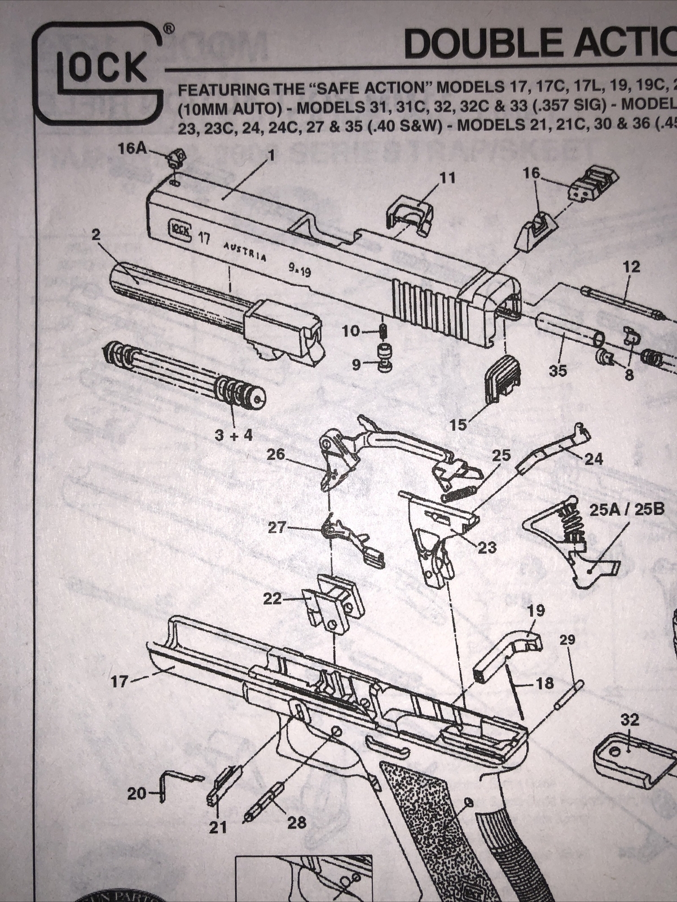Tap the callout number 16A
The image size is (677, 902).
[133, 148]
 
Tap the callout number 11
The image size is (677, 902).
[447, 178]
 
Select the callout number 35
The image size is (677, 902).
[558, 370]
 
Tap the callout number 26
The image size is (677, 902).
[276, 454]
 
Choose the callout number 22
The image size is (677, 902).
[272, 599]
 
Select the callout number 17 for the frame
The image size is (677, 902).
[120, 682]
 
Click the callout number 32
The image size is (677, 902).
[630, 720]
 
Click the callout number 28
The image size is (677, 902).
[297, 823]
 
